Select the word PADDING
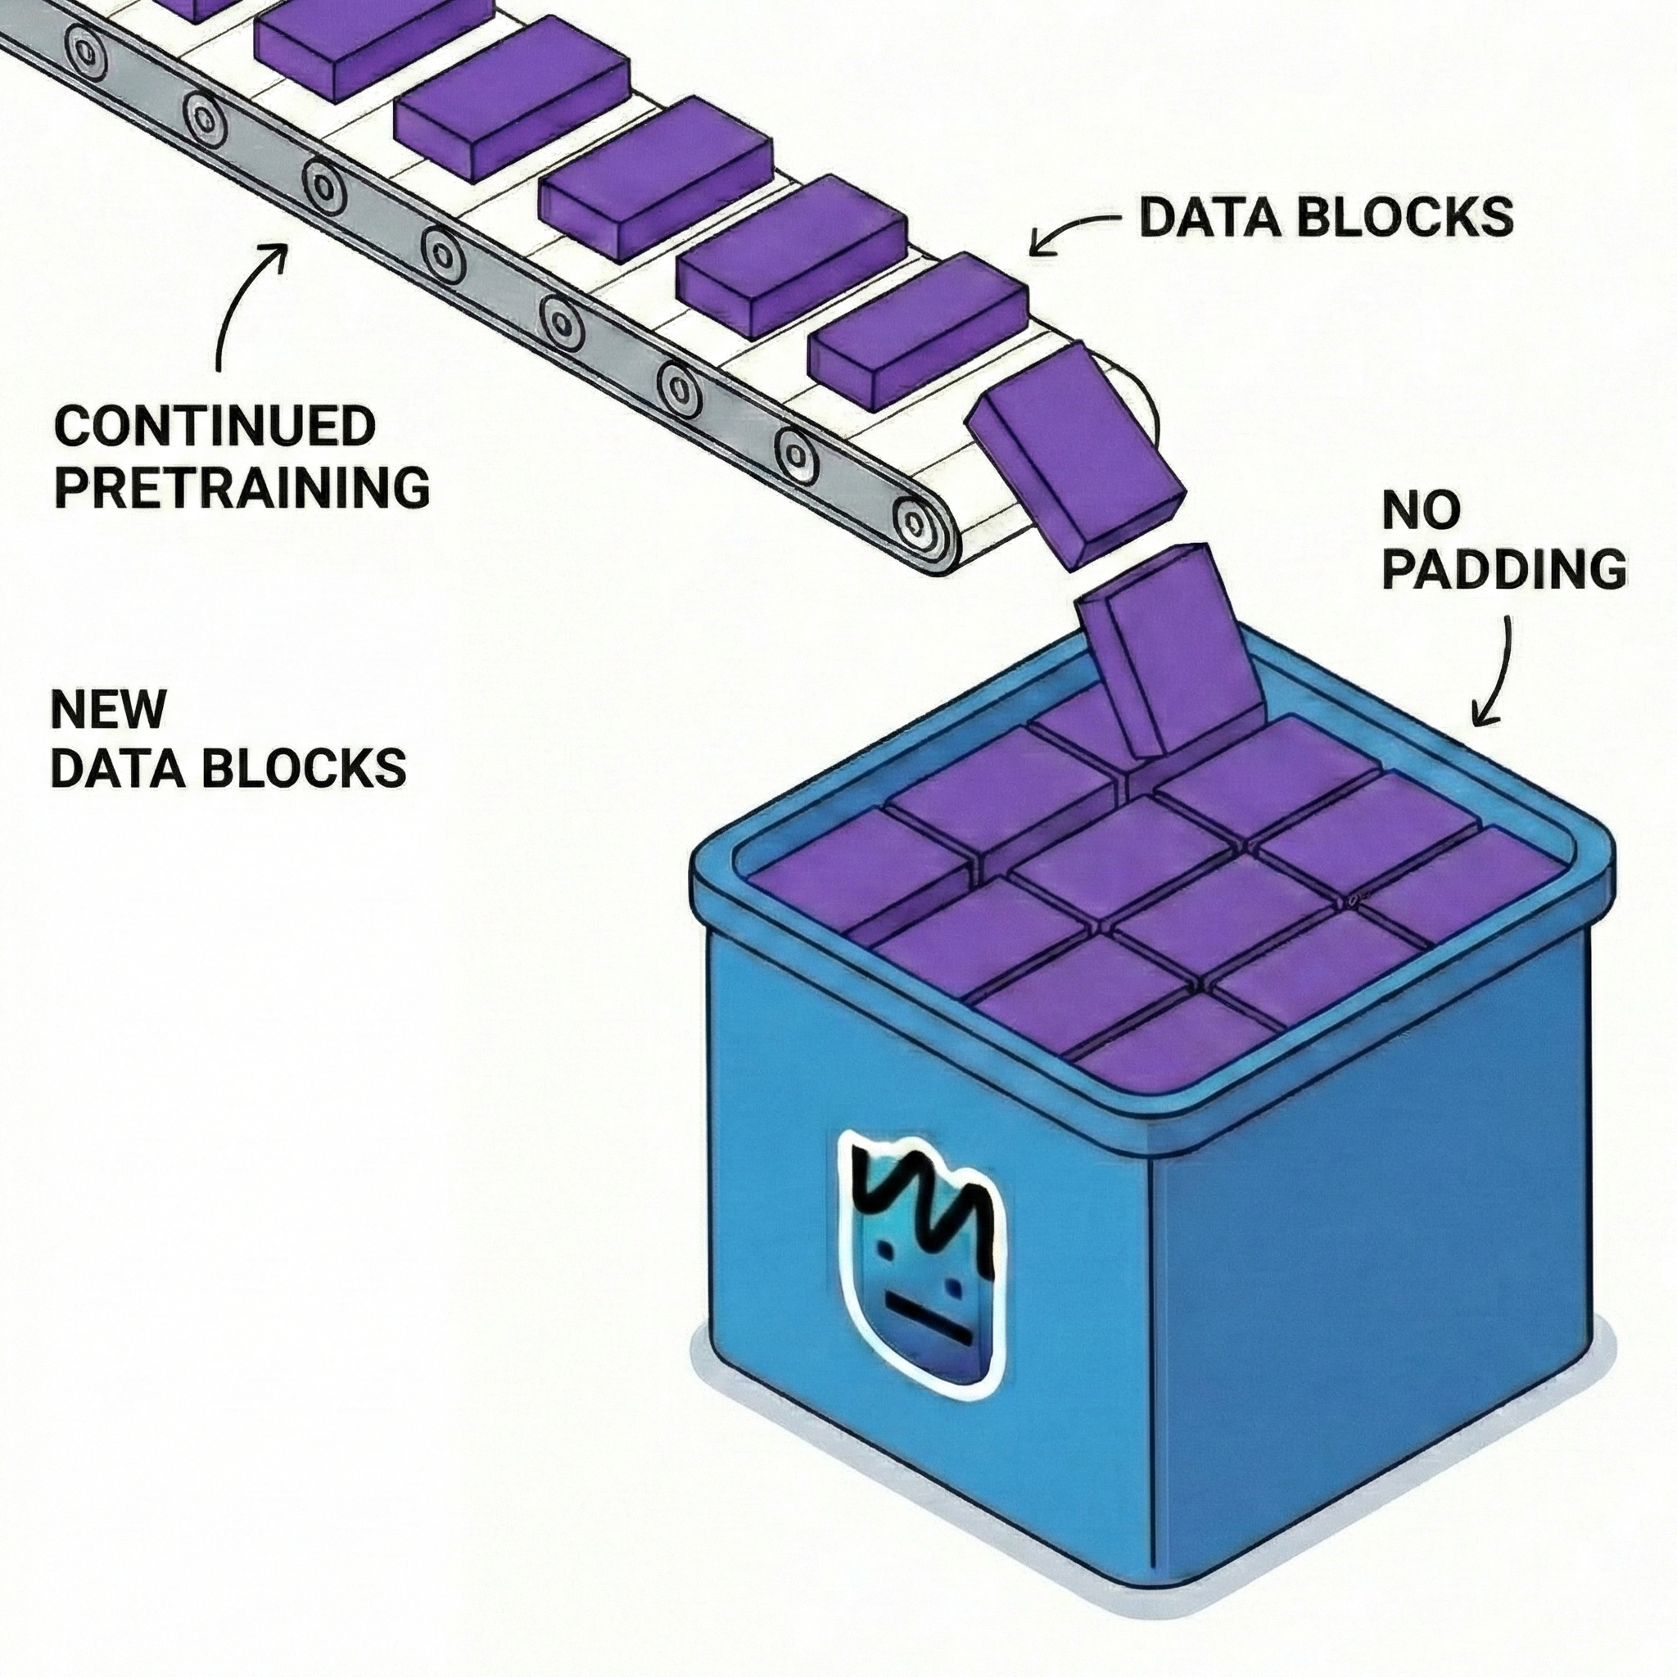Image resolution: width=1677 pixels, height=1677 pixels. click(1504, 569)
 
